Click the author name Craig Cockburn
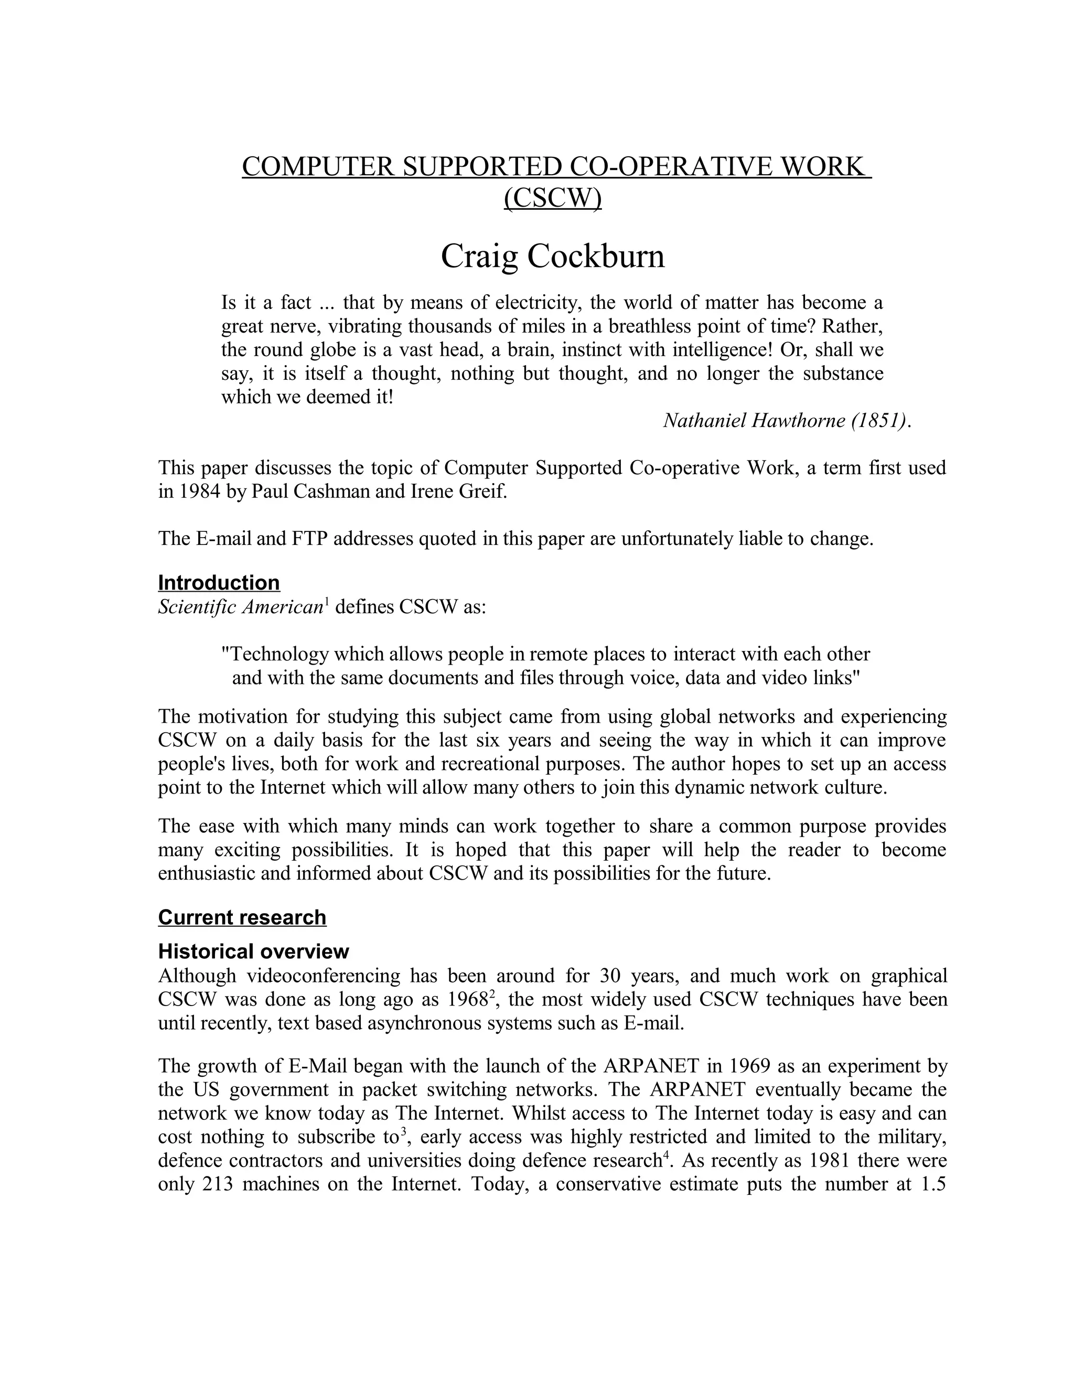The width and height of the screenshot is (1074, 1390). click(552, 256)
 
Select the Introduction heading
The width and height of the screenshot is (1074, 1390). click(218, 583)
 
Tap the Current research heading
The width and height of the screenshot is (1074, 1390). click(242, 917)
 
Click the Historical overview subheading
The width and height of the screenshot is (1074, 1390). click(253, 951)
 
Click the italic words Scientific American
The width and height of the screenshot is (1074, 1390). click(241, 607)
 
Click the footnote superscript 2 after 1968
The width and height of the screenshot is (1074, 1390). click(491, 993)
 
